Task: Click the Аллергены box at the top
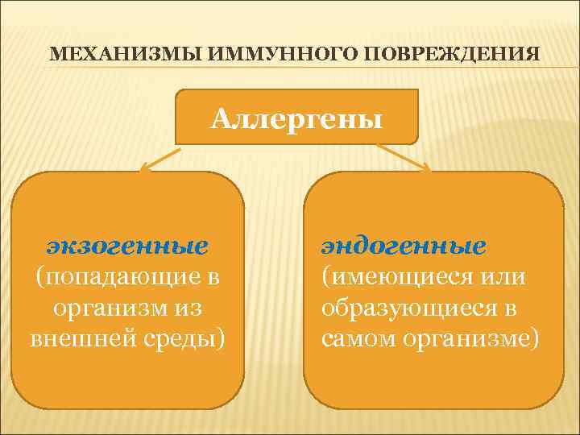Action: [x=296, y=118]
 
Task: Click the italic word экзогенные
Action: [x=127, y=244]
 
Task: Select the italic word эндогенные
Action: [x=404, y=244]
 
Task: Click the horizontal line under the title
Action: [x=290, y=70]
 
